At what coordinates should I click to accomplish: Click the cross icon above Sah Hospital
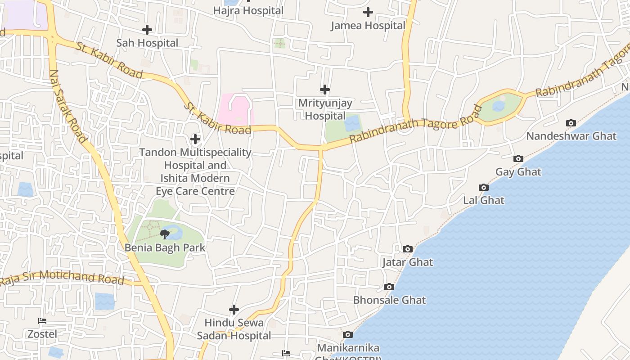147,30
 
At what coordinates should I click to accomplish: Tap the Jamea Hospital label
368,26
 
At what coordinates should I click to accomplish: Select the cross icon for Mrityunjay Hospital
325,90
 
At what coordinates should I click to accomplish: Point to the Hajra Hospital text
248,10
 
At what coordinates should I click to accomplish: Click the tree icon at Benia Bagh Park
165,234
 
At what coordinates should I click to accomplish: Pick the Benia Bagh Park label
165,247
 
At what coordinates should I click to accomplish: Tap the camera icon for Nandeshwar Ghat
571,123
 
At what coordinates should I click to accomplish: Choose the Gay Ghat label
518,172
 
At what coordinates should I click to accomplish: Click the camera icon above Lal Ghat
484,187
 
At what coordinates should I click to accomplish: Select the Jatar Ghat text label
408,262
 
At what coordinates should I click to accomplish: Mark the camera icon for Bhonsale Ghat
389,287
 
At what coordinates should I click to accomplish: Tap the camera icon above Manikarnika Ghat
348,334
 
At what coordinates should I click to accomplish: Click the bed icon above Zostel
42,321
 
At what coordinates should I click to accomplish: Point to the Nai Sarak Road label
67,106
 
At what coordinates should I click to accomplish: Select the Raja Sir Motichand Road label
62,277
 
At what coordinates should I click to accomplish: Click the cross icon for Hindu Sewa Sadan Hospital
234,310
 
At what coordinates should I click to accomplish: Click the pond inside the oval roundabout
499,106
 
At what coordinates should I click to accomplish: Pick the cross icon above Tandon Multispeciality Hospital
195,139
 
